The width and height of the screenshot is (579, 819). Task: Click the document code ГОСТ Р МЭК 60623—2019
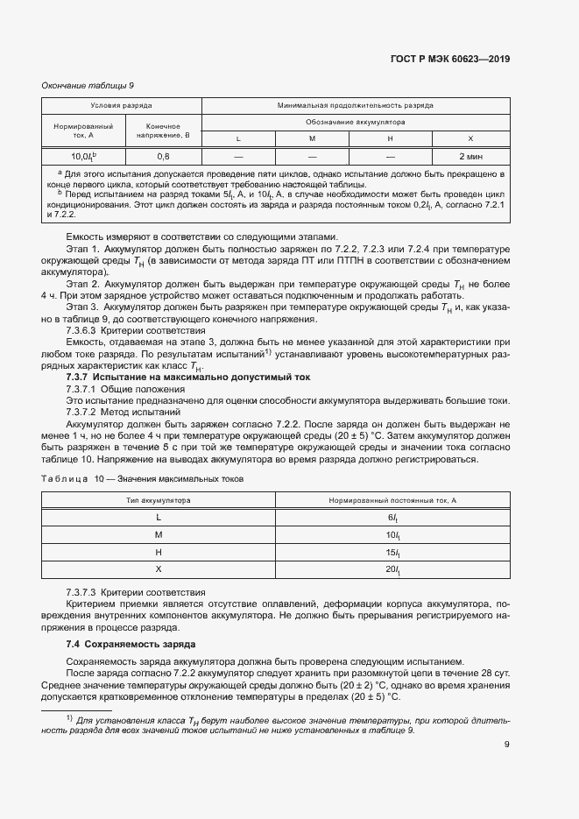click(448, 60)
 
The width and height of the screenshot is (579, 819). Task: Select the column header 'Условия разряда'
click(122, 105)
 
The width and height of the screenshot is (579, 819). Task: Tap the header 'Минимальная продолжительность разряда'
click(355, 105)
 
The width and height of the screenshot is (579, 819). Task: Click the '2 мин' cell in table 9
click(470, 156)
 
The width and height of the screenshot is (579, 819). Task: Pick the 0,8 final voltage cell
click(163, 156)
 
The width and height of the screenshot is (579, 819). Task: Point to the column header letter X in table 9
click(470, 138)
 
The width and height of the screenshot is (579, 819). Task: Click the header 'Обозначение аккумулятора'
click(355, 122)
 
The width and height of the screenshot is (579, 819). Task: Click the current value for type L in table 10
click(392, 517)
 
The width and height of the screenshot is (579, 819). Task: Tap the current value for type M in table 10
click(392, 534)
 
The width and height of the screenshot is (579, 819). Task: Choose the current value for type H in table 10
click(392, 552)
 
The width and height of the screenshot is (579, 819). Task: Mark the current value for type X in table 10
click(392, 570)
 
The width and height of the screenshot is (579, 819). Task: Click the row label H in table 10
click(159, 552)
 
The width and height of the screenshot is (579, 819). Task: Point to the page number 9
click(506, 745)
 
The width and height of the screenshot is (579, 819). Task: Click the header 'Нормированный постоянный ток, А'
click(392, 499)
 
